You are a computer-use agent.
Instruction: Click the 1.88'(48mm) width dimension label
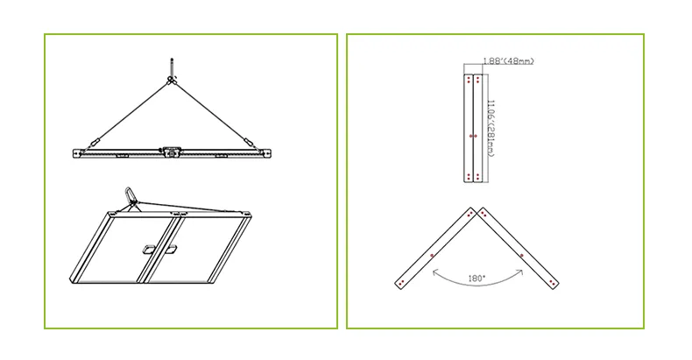click(x=508, y=61)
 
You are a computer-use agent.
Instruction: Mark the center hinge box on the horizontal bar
click(x=171, y=151)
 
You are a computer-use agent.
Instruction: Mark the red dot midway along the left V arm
click(x=432, y=255)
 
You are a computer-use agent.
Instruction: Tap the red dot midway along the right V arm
click(x=522, y=255)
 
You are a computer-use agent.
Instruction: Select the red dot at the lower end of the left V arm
click(x=400, y=283)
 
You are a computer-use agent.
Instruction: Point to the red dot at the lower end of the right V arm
click(x=553, y=283)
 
